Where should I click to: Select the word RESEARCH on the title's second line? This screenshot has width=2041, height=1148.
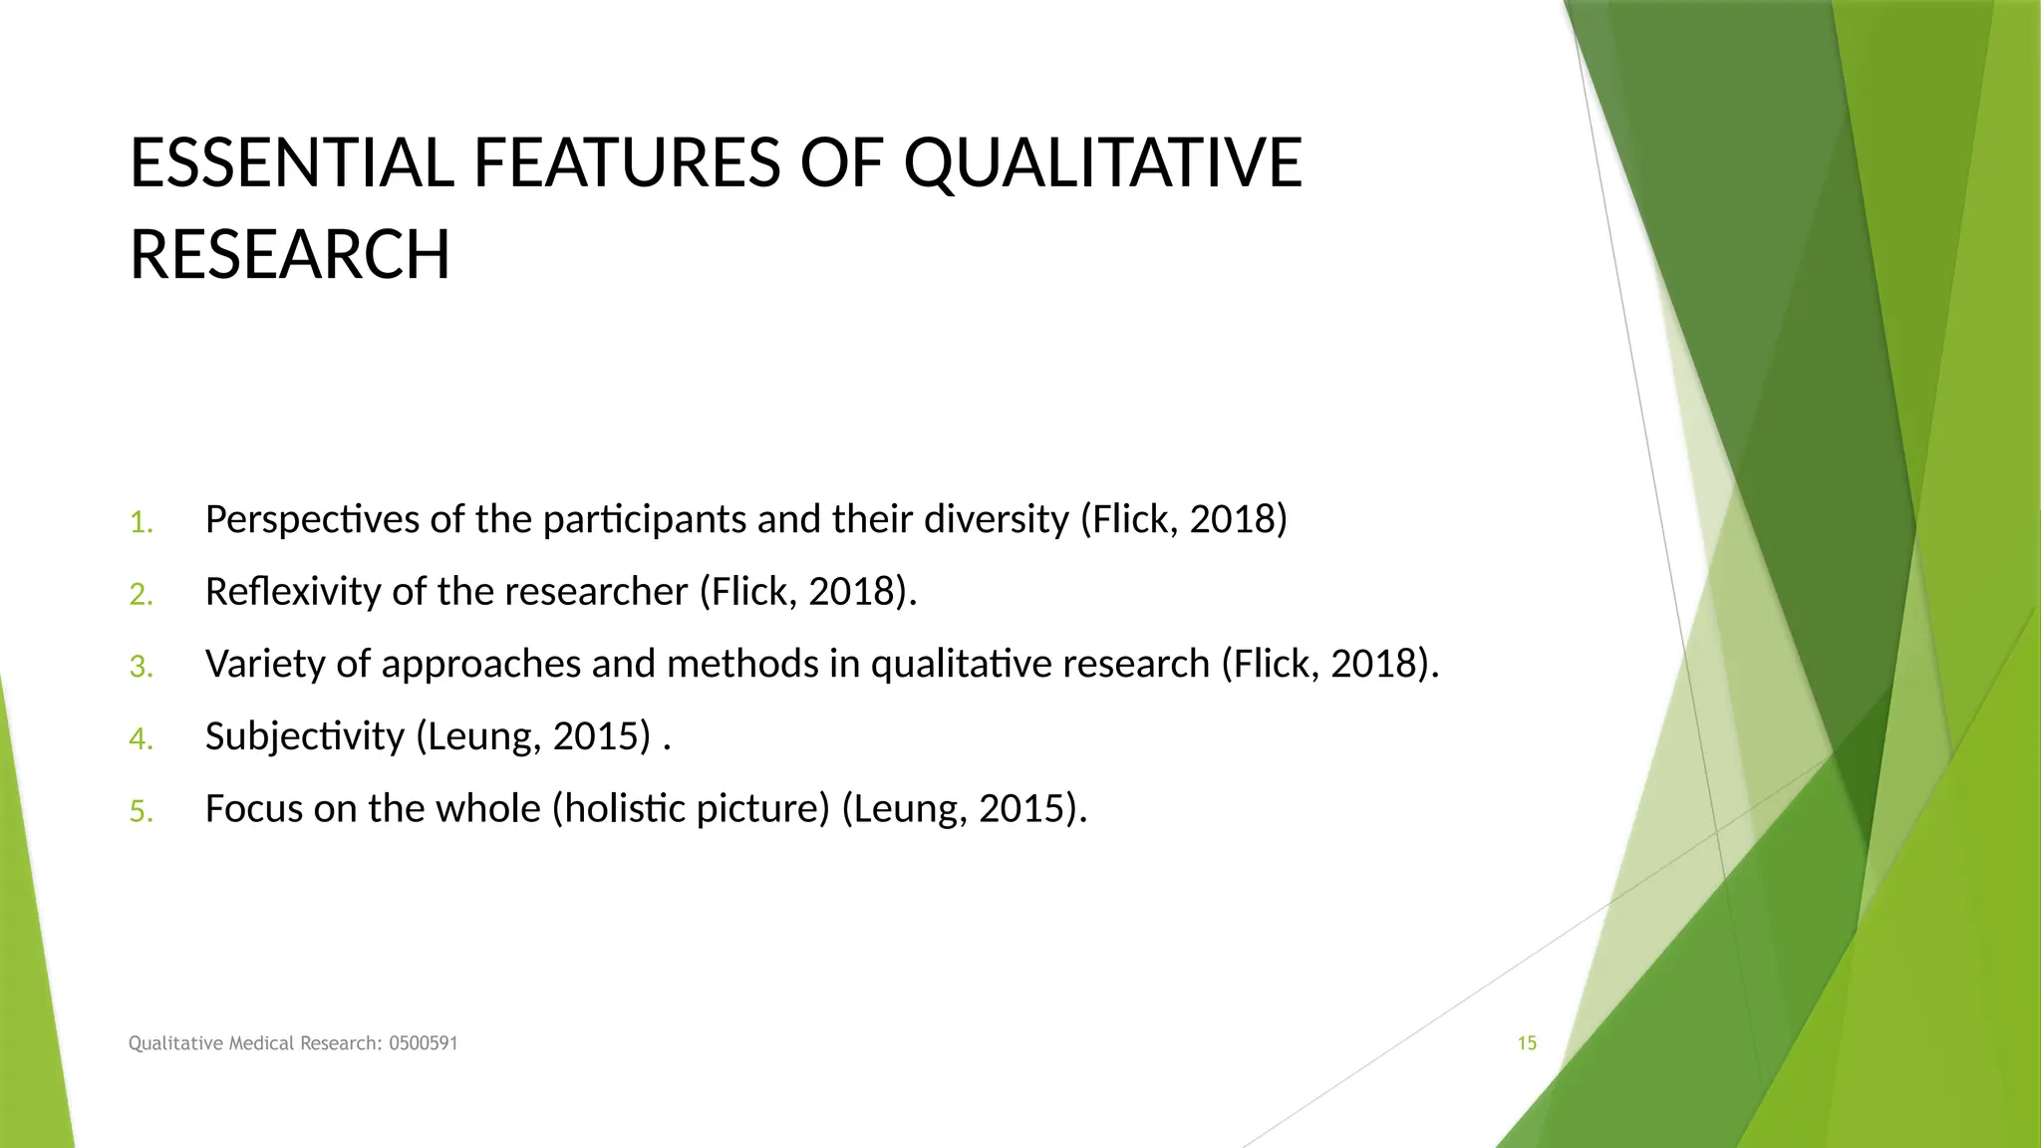pyautogui.click(x=290, y=255)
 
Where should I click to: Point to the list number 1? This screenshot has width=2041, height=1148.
pyautogui.click(x=141, y=522)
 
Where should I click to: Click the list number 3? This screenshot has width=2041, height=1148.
pyautogui.click(x=141, y=667)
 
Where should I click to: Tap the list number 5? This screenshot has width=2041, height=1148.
pyautogui.click(x=141, y=811)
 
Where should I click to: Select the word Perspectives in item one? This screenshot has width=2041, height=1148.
pyautogui.click(x=312, y=520)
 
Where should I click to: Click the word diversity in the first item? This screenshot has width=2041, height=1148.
pyautogui.click(x=997, y=520)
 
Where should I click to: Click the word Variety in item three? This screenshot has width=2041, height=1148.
pyautogui.click(x=264, y=665)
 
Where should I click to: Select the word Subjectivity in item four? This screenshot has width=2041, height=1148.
pyautogui.click(x=304, y=737)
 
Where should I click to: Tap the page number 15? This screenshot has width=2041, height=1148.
pyautogui.click(x=1527, y=1043)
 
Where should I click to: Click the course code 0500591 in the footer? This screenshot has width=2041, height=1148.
pyautogui.click(x=423, y=1043)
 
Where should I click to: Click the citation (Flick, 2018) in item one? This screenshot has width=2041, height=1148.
pyautogui.click(x=1184, y=520)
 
